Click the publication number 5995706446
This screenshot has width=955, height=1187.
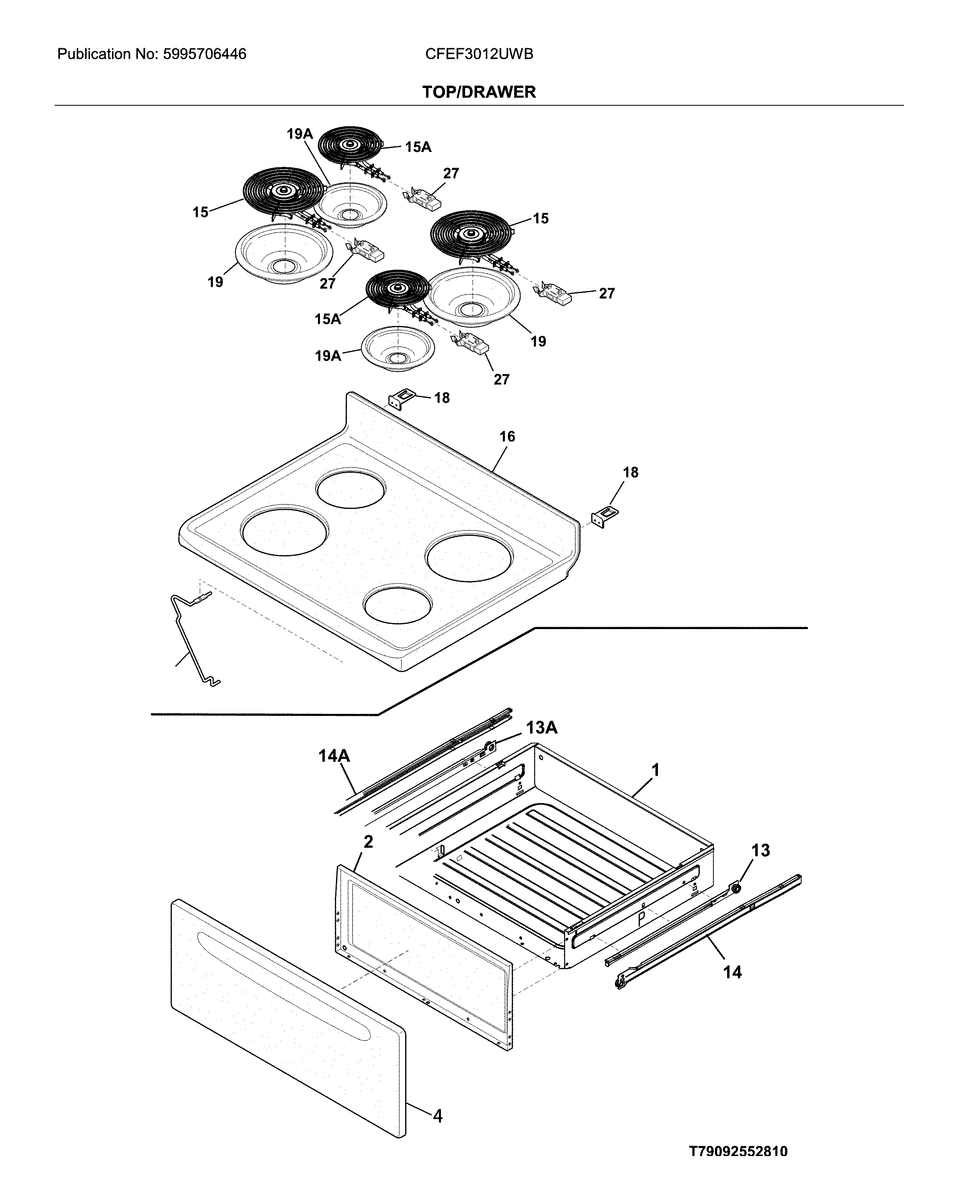pyautogui.click(x=205, y=54)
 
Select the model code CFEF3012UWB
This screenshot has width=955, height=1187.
pyautogui.click(x=478, y=54)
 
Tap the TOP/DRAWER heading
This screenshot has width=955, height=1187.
pyautogui.click(x=478, y=92)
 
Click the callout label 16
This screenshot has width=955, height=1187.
pyautogui.click(x=506, y=437)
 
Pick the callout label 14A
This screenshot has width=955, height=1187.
pyautogui.click(x=334, y=756)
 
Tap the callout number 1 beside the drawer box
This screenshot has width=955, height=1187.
pyautogui.click(x=655, y=770)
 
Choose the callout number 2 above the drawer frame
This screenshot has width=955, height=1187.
pyautogui.click(x=368, y=841)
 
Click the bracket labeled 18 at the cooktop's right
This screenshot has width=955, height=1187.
pyautogui.click(x=605, y=517)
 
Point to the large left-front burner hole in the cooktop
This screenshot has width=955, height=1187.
pyautogui.click(x=285, y=530)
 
